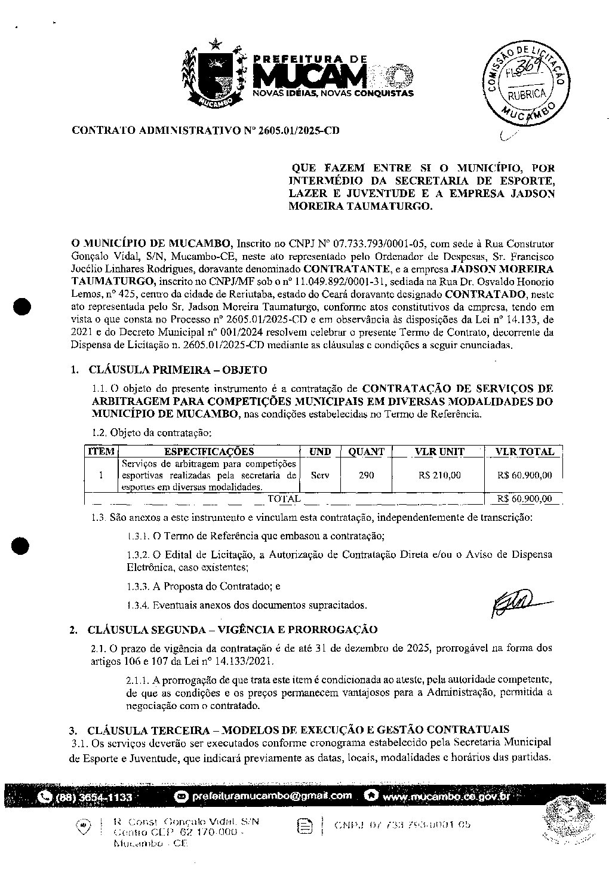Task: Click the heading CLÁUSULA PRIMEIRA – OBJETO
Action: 177,370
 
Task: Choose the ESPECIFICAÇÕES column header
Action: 209,452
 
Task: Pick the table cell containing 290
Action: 366,475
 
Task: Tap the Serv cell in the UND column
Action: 321,475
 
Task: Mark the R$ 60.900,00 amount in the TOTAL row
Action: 524,499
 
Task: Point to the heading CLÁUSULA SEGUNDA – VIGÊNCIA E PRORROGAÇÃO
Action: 232,630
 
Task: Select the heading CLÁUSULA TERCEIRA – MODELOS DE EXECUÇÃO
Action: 298,730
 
